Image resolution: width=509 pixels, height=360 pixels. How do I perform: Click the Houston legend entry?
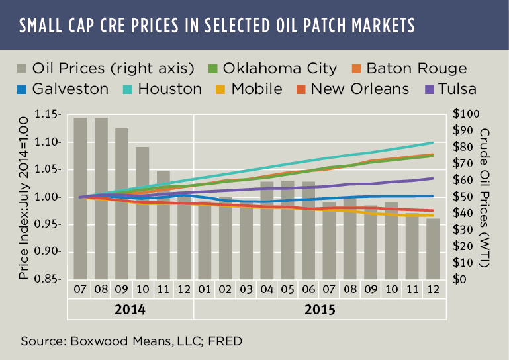[x=169, y=88]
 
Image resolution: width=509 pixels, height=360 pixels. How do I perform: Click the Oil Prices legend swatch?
[x=23, y=68]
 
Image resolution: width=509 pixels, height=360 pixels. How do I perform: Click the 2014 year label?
[x=130, y=309]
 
